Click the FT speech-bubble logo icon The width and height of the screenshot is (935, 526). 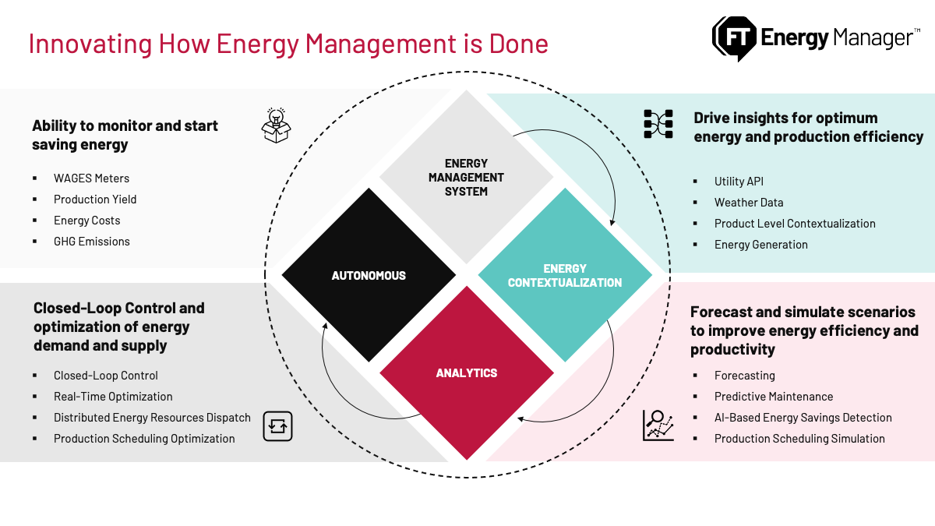734,37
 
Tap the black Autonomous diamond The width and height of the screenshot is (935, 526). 369,275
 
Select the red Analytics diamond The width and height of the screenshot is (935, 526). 467,372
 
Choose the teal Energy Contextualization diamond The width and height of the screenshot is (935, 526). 565,275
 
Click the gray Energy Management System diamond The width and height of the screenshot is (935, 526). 467,177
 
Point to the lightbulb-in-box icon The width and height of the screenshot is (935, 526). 276,125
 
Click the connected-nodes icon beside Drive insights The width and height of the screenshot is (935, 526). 658,124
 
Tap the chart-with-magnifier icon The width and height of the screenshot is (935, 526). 658,425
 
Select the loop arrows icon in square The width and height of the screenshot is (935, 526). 277,426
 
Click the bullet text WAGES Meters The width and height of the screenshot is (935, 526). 91,178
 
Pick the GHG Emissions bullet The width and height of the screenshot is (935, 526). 91,242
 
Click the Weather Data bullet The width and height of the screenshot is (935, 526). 748,203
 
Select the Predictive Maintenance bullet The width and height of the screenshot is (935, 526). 773,397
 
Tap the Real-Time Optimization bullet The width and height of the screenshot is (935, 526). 113,397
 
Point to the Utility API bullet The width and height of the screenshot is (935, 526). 739,182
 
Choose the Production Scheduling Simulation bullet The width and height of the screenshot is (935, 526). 799,439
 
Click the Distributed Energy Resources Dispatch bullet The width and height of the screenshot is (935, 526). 152,418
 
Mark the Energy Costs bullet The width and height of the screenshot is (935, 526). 86,221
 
